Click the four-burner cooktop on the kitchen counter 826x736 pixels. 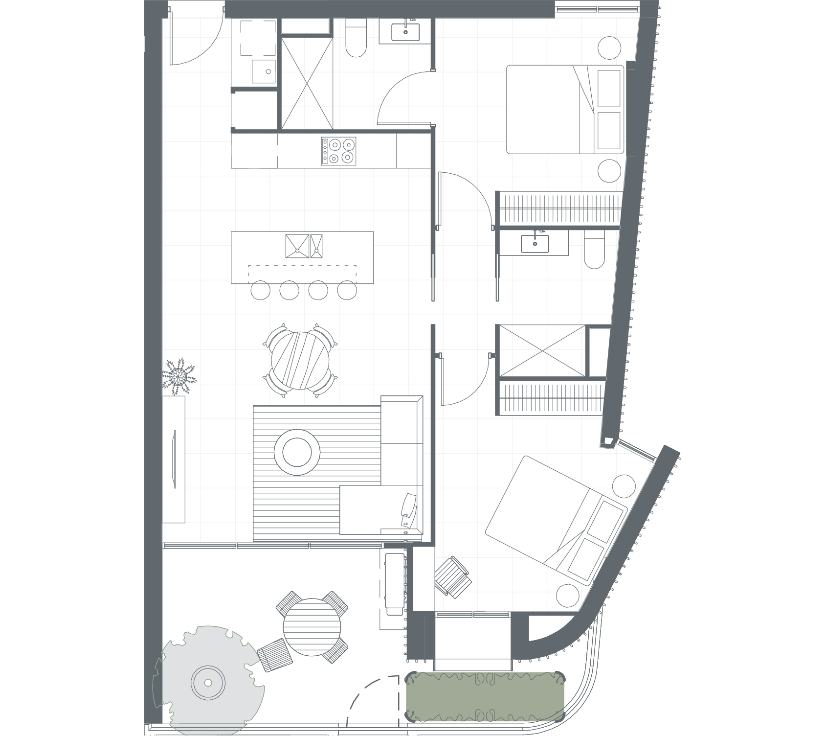(x=338, y=151)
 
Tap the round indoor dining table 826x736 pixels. (x=300, y=361)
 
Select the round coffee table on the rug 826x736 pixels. (x=296, y=452)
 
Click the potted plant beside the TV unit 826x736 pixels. (x=179, y=375)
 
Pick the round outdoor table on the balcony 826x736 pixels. (x=312, y=627)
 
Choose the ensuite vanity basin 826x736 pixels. (x=535, y=243)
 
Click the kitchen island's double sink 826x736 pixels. (x=304, y=246)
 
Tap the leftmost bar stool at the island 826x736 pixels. (x=260, y=290)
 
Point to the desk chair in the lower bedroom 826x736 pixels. (x=453, y=577)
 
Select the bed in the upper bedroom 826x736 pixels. (x=565, y=109)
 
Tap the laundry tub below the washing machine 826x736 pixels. (x=264, y=72)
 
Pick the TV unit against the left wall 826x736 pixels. (x=174, y=459)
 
